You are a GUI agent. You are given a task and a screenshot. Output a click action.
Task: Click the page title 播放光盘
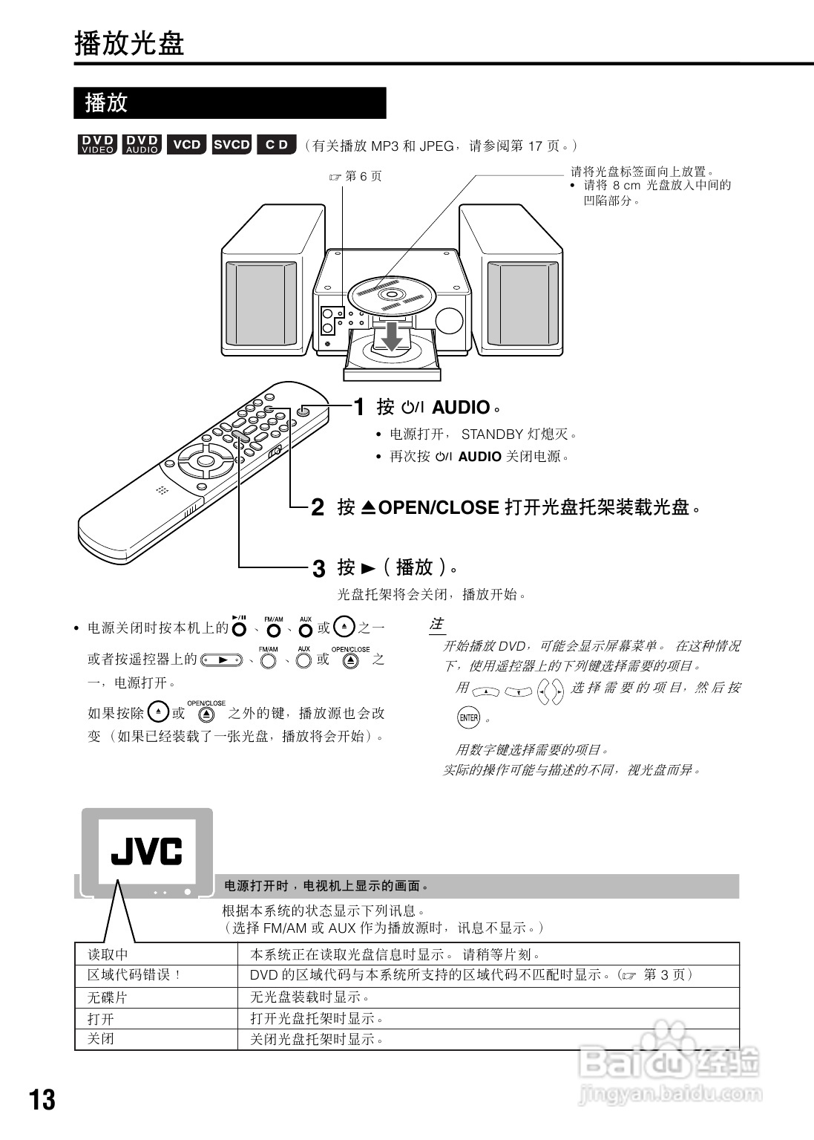pos(129,44)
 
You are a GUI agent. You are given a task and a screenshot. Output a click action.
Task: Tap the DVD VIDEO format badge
pos(96,145)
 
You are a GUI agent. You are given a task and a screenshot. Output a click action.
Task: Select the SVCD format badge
pos(232,145)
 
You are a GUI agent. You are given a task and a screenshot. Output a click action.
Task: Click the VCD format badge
pos(187,145)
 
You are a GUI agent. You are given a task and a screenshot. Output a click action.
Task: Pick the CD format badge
pos(277,145)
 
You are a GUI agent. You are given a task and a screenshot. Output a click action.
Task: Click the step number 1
pos(358,407)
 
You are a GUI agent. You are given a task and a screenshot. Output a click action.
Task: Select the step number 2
pos(318,508)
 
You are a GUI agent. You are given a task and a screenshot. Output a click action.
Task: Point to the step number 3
pos(318,569)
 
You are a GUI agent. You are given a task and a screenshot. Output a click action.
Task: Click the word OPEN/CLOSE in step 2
pos(438,508)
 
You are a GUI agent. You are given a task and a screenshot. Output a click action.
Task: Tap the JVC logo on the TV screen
pos(147,852)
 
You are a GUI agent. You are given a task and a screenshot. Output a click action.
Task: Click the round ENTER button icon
pos(468,717)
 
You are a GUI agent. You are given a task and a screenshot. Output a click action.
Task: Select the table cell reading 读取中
pos(108,954)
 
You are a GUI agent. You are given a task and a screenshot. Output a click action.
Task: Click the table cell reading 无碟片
pos(108,997)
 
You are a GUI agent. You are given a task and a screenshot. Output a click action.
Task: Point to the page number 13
pos(42,1100)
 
